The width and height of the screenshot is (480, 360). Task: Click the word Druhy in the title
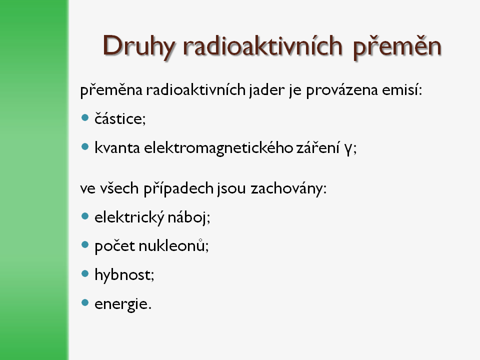[138, 47]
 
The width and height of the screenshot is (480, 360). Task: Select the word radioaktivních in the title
[262, 45]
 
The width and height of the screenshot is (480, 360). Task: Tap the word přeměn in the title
[397, 47]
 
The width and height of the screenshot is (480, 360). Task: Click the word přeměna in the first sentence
[111, 89]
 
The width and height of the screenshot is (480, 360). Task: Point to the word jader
[266, 90]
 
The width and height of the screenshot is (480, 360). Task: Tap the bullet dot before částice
[85, 117]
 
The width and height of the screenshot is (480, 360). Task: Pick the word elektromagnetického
[218, 148]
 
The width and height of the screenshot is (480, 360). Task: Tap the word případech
[178, 188]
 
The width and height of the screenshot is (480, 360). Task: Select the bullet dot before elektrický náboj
[85, 216]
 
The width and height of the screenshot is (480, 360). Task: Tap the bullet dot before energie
[85, 303]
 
